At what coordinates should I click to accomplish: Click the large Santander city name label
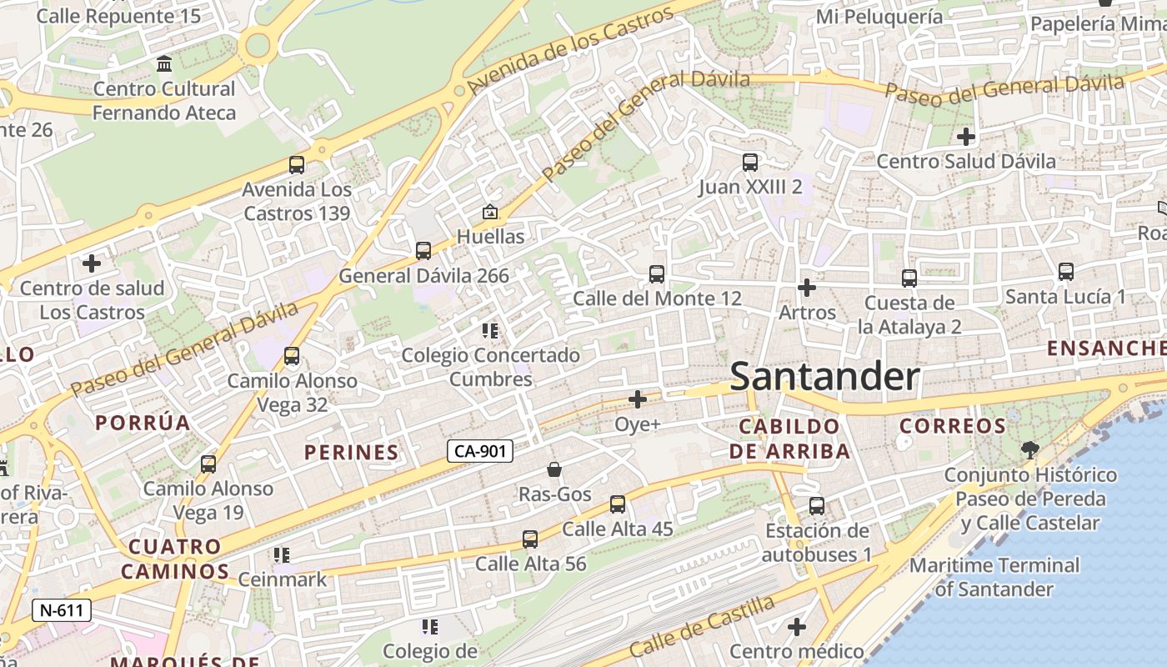click(x=824, y=377)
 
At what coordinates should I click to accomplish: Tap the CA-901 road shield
click(x=479, y=451)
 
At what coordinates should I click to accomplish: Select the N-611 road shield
click(x=62, y=610)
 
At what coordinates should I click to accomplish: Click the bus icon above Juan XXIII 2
click(x=750, y=163)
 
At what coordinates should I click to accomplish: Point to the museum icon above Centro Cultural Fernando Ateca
click(x=164, y=64)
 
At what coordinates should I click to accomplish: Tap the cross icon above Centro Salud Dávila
click(x=966, y=136)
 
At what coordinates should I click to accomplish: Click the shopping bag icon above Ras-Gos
click(x=554, y=470)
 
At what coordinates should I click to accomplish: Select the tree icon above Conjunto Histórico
click(x=1030, y=450)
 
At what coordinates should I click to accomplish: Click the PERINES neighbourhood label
click(x=351, y=453)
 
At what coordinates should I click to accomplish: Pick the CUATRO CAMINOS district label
click(x=174, y=559)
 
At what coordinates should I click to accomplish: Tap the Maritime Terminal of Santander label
click(x=994, y=577)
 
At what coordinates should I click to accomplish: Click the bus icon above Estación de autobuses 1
click(x=817, y=506)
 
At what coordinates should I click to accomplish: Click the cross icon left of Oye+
click(x=638, y=399)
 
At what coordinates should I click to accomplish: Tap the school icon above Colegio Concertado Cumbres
click(x=490, y=331)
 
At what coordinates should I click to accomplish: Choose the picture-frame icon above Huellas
click(x=490, y=213)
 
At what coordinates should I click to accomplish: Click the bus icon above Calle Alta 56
click(x=530, y=539)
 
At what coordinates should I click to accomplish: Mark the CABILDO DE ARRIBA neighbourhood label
click(x=789, y=439)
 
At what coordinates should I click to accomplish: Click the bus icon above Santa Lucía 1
click(x=1065, y=272)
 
